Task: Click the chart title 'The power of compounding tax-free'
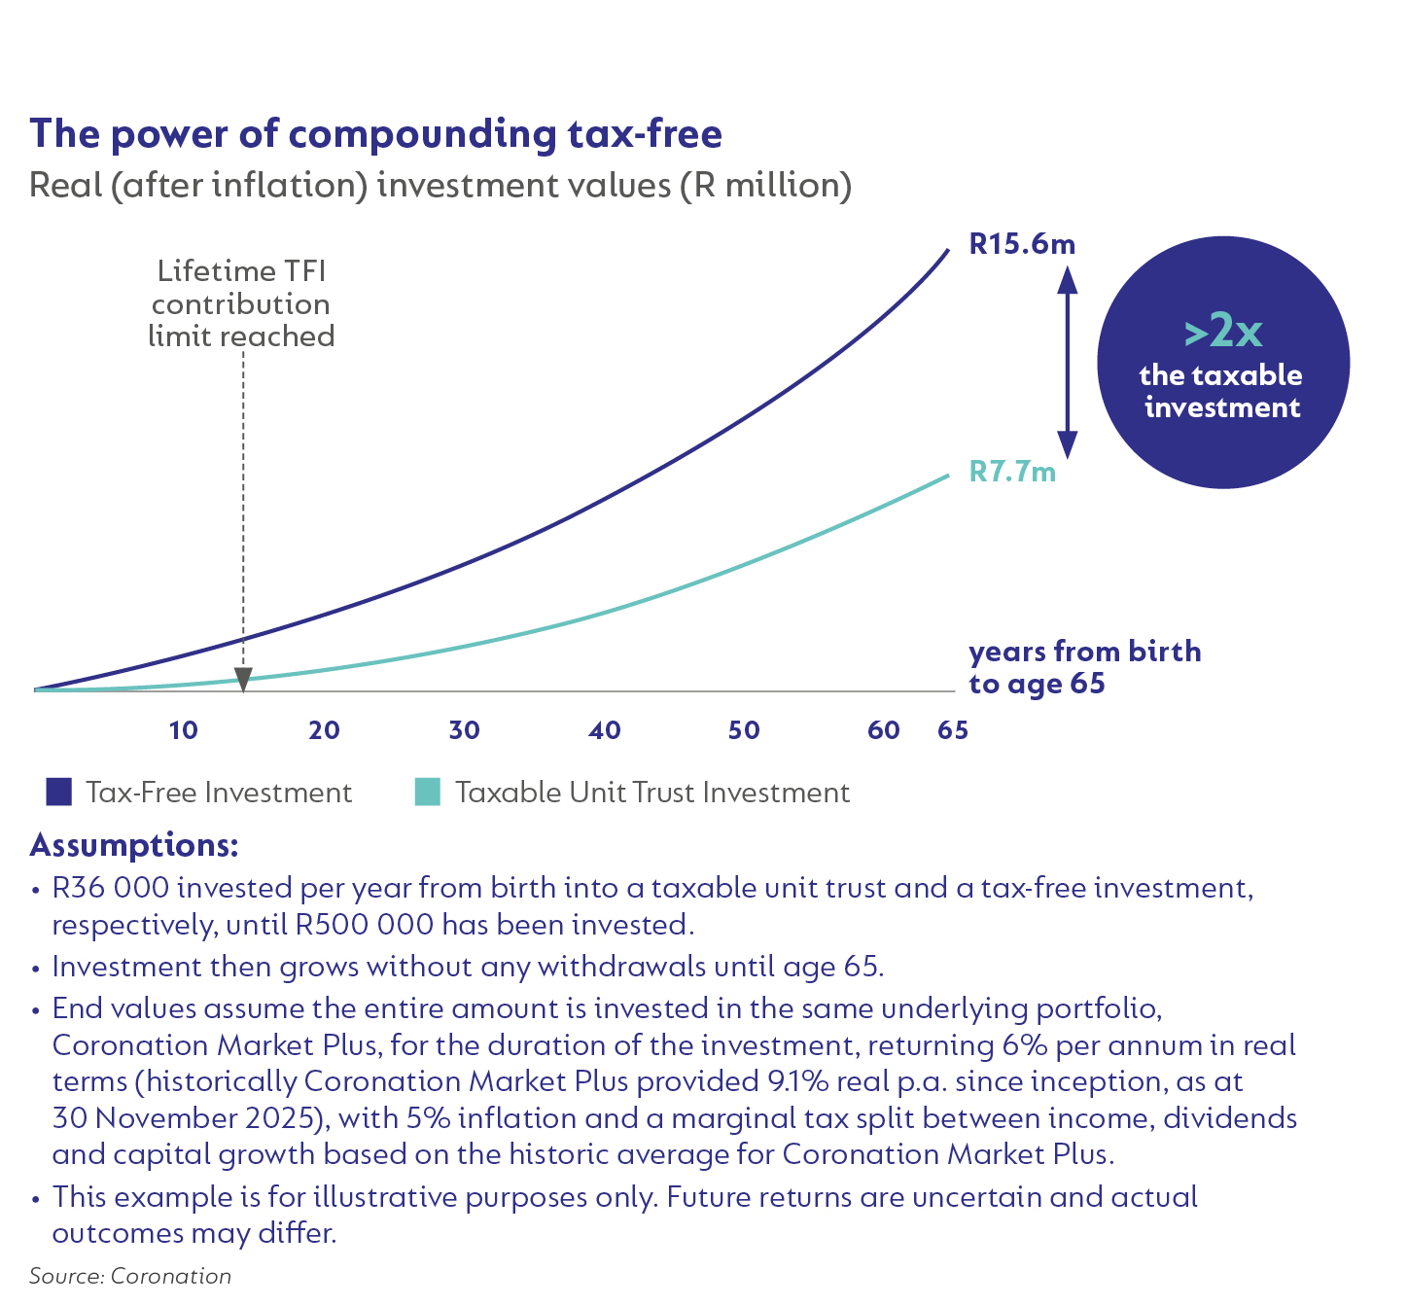click(x=375, y=134)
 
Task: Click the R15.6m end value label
click(x=1022, y=243)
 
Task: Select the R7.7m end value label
click(x=1012, y=472)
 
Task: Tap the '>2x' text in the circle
click(x=1222, y=333)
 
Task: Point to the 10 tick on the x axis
click(x=183, y=730)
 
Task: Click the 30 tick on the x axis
click(x=464, y=730)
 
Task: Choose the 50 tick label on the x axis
click(x=744, y=730)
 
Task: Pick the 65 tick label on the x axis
click(x=953, y=730)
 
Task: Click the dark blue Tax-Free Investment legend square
click(x=59, y=793)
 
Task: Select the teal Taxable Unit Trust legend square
click(x=428, y=793)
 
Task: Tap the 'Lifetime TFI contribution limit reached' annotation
click(x=241, y=303)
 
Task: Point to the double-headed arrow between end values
click(x=1068, y=362)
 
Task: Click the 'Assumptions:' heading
click(x=134, y=845)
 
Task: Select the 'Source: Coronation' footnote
click(x=130, y=1276)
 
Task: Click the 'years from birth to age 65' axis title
click(x=1084, y=667)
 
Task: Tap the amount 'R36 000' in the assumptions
click(x=111, y=889)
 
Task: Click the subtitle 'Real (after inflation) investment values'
click(x=440, y=185)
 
